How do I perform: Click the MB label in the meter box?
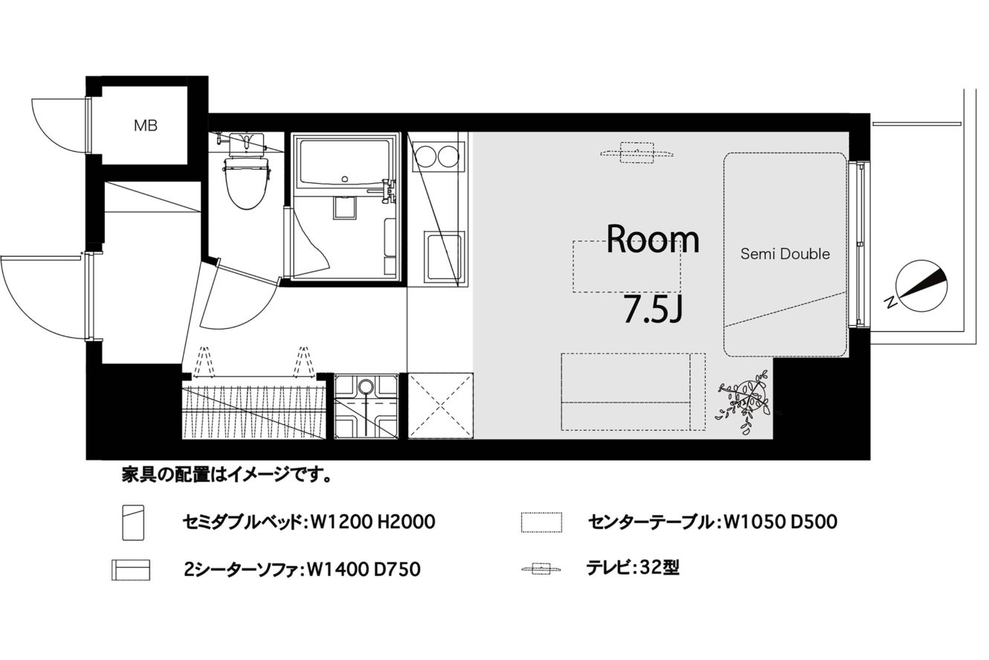point(145,126)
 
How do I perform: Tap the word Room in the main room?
point(653,239)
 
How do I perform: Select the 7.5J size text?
point(653,309)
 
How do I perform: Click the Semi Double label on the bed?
point(785,254)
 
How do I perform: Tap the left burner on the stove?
point(425,156)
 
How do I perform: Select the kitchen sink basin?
point(443,257)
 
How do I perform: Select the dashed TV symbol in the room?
point(637,153)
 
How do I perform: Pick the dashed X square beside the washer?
point(440,406)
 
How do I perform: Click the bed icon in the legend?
point(133,522)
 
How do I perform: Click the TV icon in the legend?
point(541,568)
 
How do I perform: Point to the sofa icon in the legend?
point(131,570)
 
